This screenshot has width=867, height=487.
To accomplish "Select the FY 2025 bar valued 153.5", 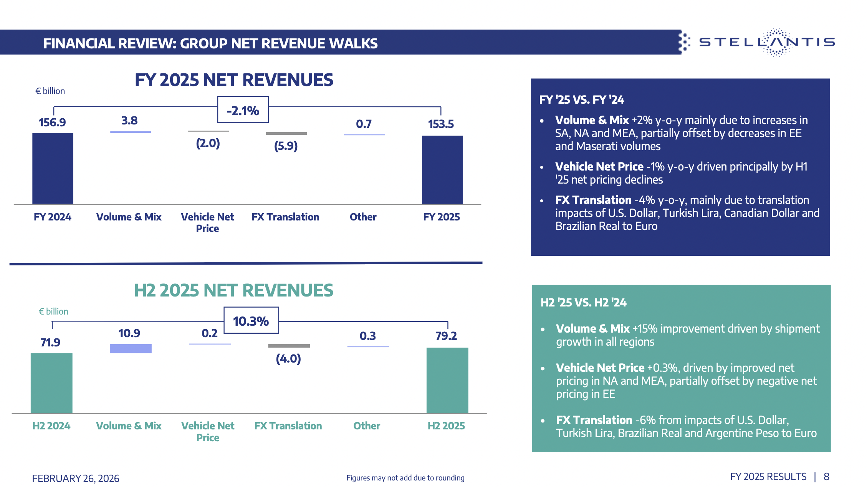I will click(442, 170).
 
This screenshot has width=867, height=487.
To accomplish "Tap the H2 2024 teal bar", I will click(51, 383).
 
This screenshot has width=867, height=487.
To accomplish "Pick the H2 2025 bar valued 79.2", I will click(447, 380).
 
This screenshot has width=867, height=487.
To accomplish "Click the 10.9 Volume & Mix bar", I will click(131, 348).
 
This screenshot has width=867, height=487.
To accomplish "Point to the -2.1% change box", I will click(243, 110).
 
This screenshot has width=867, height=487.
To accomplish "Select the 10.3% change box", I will click(251, 320).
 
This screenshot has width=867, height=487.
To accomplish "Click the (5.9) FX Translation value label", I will click(286, 146).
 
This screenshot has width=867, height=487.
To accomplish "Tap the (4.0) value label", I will click(288, 359).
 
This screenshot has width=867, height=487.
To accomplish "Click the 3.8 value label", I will click(129, 121).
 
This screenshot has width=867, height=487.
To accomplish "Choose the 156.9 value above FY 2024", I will click(52, 123).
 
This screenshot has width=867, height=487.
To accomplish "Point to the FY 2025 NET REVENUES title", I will click(234, 80).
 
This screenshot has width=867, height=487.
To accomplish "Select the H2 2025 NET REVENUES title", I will click(233, 290).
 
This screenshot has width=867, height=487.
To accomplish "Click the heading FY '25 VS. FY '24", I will click(581, 100).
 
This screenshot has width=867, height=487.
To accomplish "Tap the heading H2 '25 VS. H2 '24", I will click(583, 303).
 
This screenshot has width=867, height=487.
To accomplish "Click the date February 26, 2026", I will click(76, 478).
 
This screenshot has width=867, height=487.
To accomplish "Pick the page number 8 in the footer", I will click(826, 477).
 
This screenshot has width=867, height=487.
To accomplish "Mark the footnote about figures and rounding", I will click(405, 478).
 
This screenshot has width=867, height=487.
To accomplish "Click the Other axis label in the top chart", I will click(363, 217).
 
